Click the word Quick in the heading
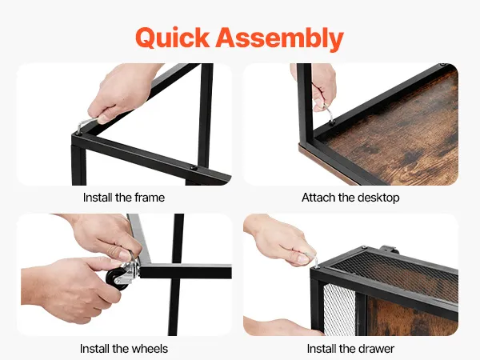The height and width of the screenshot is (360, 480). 172,38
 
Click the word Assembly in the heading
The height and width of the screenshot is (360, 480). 279,38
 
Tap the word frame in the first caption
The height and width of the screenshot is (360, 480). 150,198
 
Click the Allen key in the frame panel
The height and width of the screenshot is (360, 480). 86,125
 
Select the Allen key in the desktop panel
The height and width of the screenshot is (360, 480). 330,114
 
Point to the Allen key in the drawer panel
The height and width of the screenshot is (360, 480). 313,258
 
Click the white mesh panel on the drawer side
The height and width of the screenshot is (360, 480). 339,310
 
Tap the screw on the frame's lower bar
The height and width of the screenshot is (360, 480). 193,168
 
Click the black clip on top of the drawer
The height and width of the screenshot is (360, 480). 389,250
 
